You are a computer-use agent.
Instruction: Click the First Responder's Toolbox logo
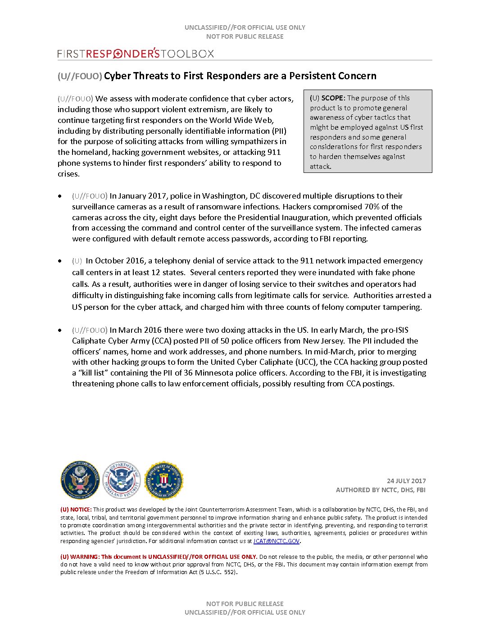point(136,54)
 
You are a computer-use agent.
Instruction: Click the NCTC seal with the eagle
point(80,480)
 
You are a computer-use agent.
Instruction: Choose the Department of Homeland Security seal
point(122,480)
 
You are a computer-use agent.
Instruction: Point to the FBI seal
point(163,480)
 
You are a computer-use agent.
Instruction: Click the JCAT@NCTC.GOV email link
point(276,541)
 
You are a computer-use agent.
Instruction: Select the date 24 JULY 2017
point(406,481)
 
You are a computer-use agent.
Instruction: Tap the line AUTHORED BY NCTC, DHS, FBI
point(381,490)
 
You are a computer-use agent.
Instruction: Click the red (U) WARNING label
point(80,557)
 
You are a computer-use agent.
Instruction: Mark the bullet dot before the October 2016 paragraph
point(60,261)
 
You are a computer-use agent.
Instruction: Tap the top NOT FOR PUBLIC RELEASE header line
point(245,36)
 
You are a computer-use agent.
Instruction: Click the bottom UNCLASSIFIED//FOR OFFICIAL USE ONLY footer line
point(245,612)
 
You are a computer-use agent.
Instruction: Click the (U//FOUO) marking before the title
point(80,76)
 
